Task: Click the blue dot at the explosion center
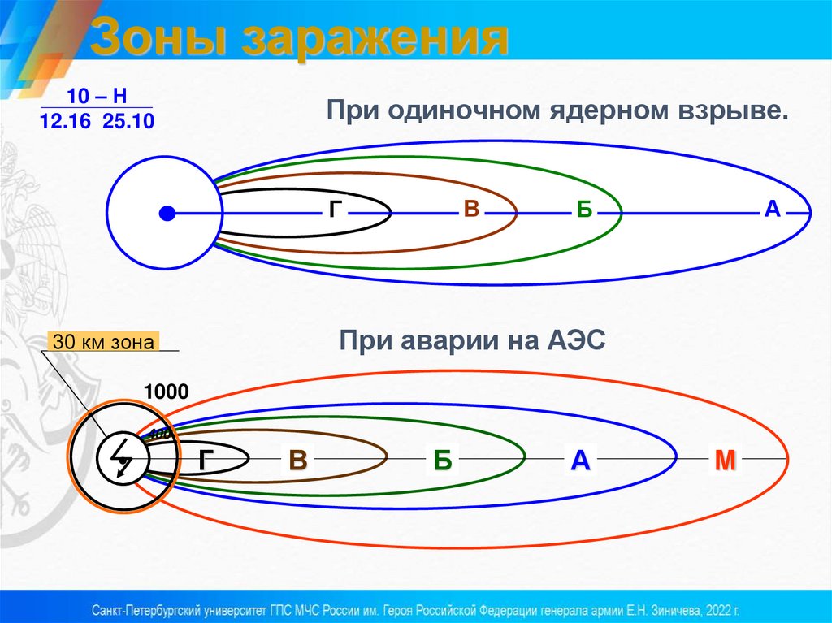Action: click(x=167, y=214)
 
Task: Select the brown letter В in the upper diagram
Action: click(x=470, y=210)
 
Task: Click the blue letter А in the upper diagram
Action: click(x=772, y=209)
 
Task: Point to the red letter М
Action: click(x=725, y=461)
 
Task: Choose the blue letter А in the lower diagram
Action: click(x=579, y=461)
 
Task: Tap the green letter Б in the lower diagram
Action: click(x=442, y=461)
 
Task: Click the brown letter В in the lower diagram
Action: click(x=298, y=461)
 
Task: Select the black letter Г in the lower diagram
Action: click(x=206, y=461)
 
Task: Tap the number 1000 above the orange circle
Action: click(x=167, y=392)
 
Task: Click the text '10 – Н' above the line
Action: click(x=97, y=96)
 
